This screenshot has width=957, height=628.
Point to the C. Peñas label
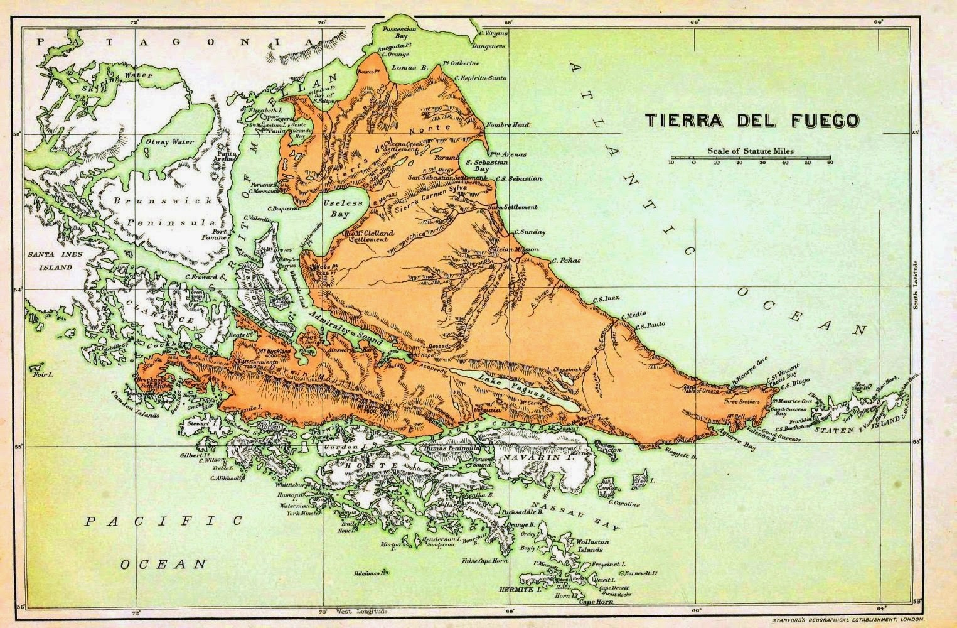click(x=567, y=260)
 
